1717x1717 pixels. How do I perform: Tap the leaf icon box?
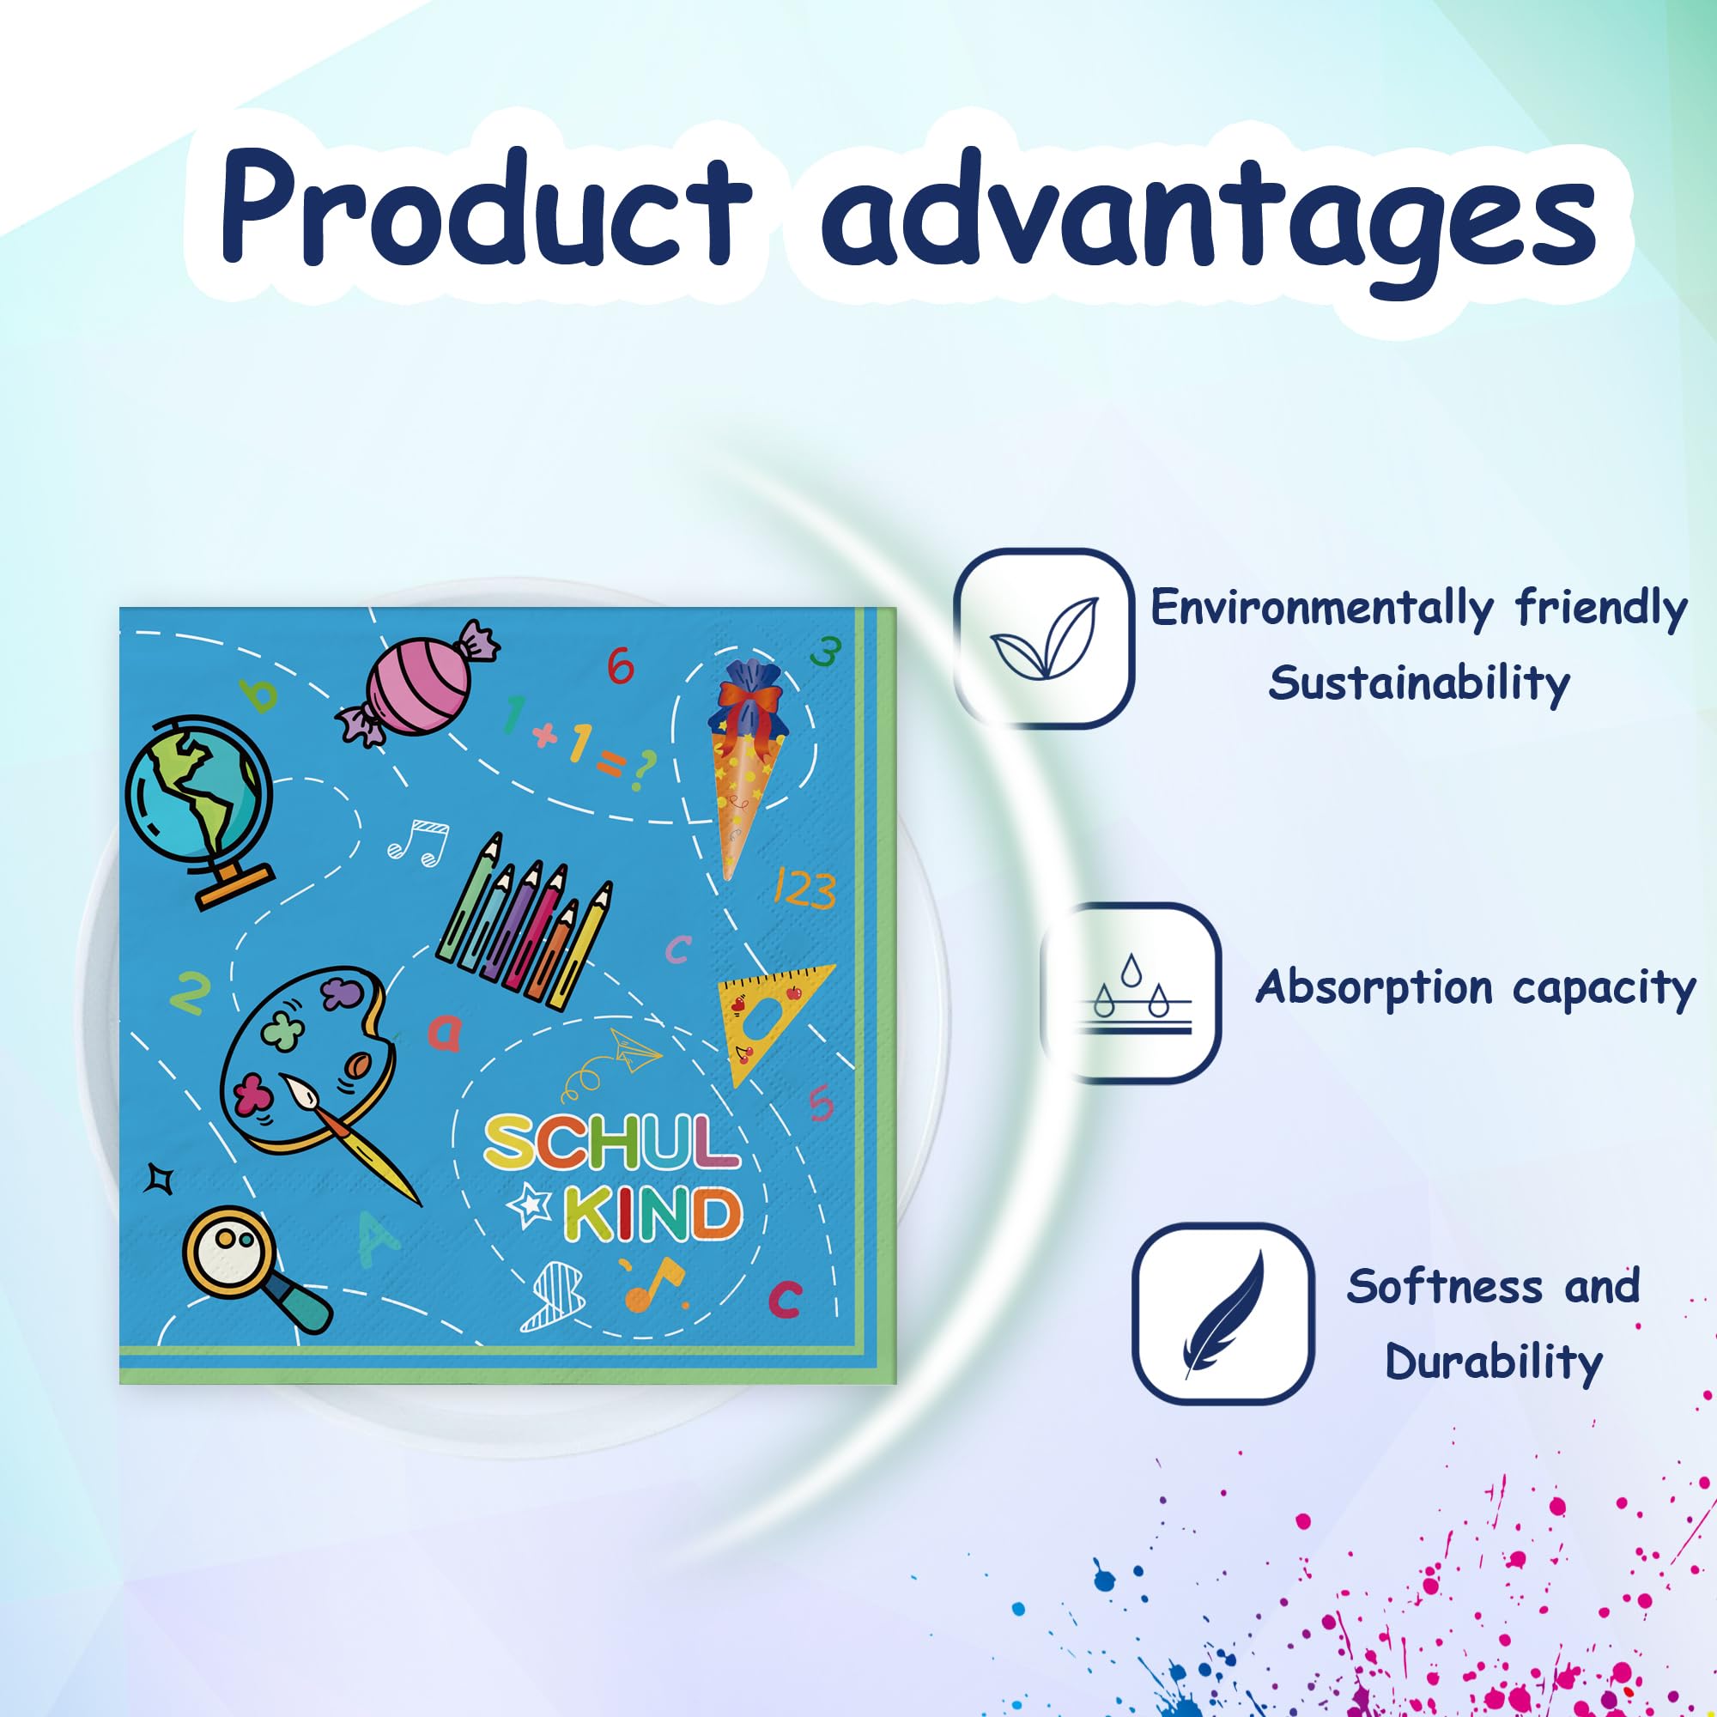point(1043,638)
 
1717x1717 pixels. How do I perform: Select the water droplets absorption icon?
point(1131,992)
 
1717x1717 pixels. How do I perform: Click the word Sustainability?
point(1418,683)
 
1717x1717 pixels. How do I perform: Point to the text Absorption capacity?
point(1475,988)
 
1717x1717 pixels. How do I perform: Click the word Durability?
point(1494,1362)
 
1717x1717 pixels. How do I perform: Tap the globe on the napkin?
point(198,810)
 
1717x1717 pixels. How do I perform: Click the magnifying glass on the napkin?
point(254,1267)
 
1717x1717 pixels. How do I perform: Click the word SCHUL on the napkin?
point(612,1143)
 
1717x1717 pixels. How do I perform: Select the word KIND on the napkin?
point(652,1213)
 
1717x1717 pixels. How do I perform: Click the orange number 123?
point(804,889)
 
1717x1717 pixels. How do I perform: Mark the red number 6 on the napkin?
point(621,665)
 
